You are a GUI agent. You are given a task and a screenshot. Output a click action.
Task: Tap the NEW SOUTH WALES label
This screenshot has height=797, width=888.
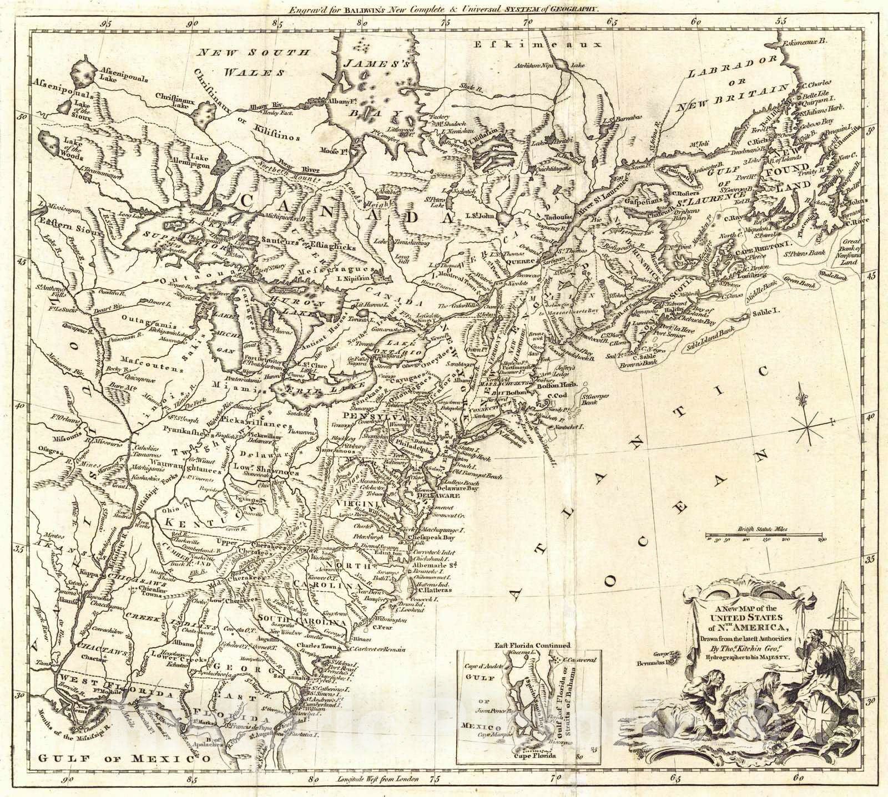255,62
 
